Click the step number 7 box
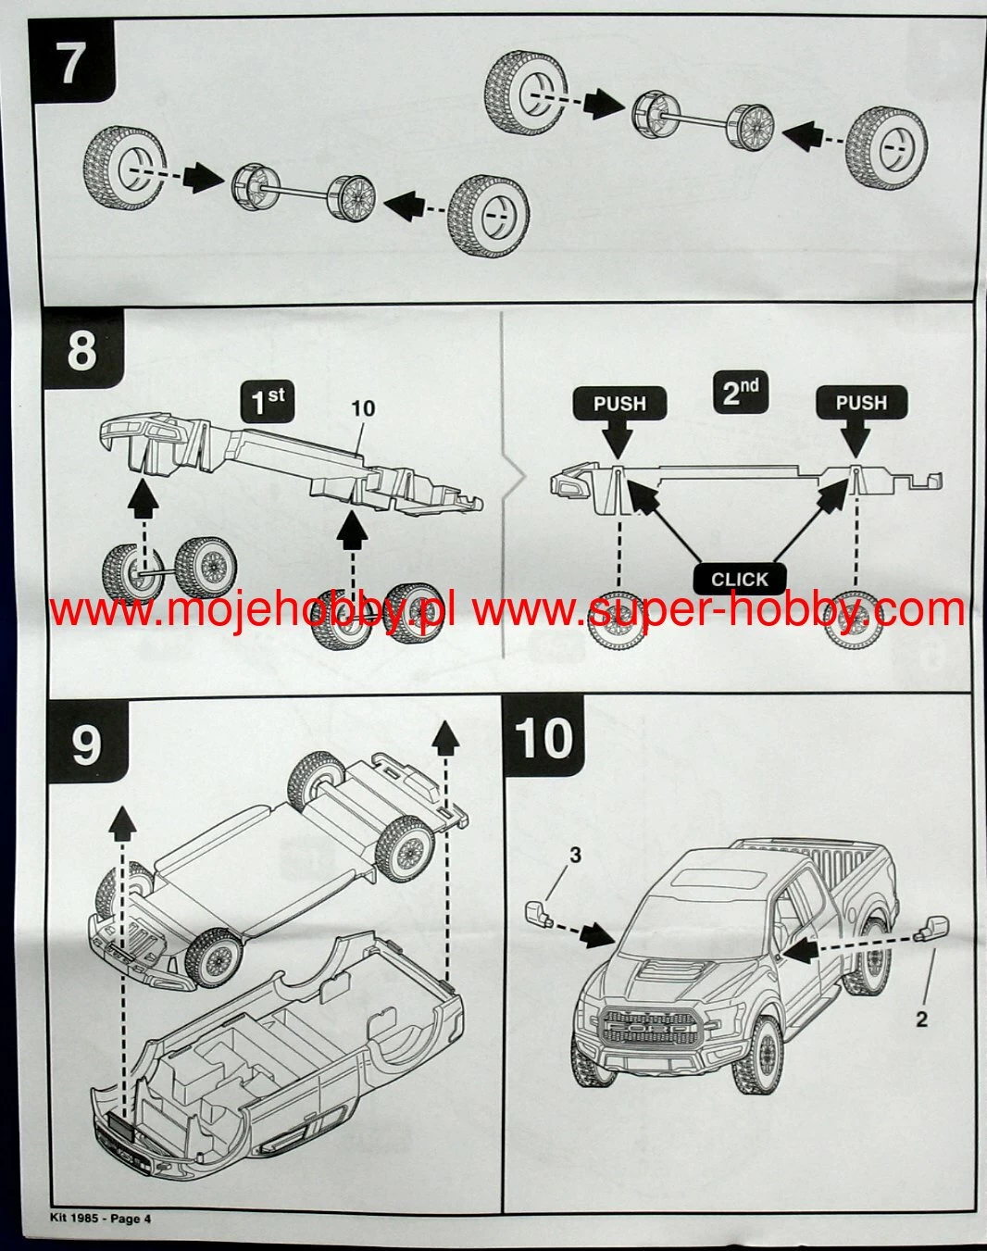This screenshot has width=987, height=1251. pyautogui.click(x=72, y=63)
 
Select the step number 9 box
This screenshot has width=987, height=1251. pyautogui.click(x=85, y=744)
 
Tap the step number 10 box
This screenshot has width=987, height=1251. pyautogui.click(x=545, y=738)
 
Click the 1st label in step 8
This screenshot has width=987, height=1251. pyautogui.click(x=269, y=401)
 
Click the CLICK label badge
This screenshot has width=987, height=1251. pyautogui.click(x=739, y=580)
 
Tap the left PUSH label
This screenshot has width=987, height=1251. pyautogui.click(x=619, y=404)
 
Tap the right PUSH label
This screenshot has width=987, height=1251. pyautogui.click(x=861, y=403)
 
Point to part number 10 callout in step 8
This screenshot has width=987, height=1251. pyautogui.click(x=363, y=408)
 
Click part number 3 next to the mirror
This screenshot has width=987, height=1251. pyautogui.click(x=575, y=854)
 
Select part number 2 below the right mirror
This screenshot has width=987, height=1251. pyautogui.click(x=920, y=1020)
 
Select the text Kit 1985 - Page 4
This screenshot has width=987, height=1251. pyautogui.click(x=100, y=1219)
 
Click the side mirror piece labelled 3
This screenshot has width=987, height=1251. pyautogui.click(x=538, y=913)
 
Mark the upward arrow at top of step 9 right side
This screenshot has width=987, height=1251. pyautogui.click(x=445, y=737)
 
